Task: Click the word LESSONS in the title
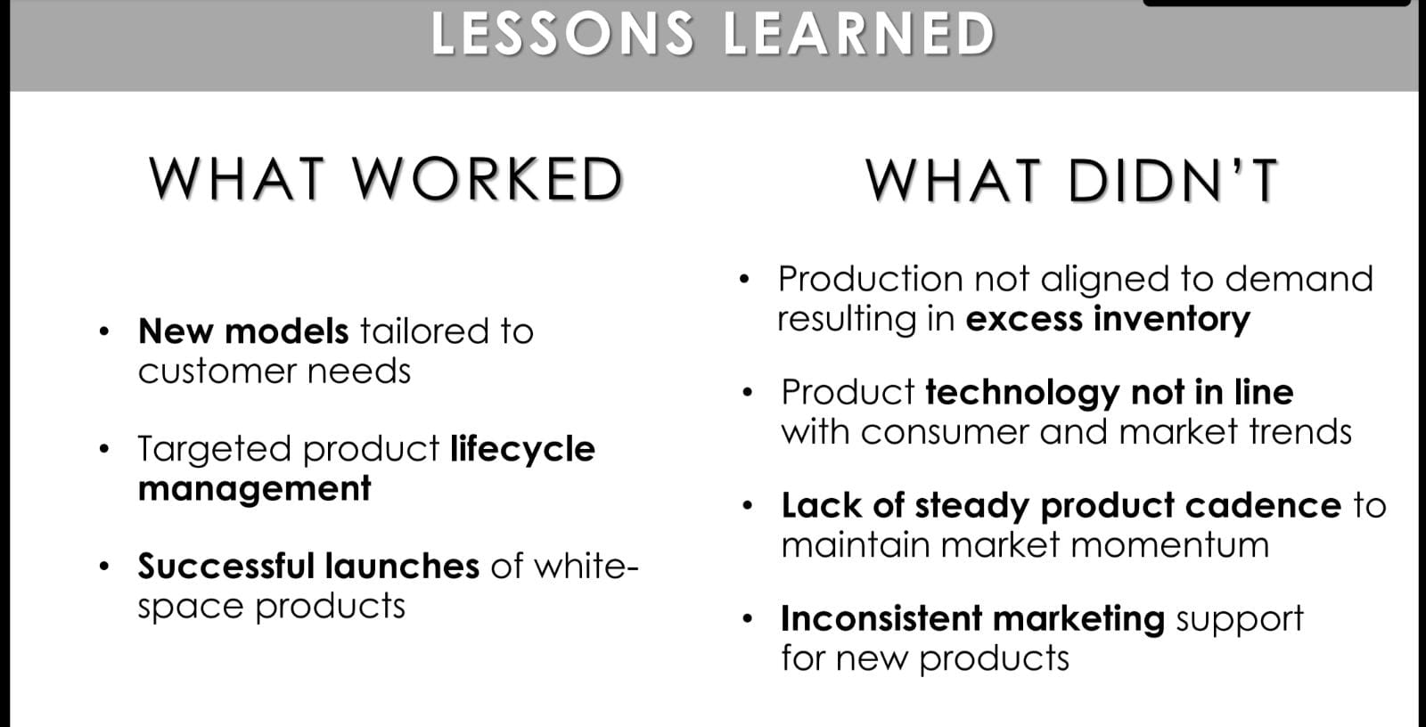click(563, 34)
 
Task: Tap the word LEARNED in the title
click(859, 34)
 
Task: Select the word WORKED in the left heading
click(488, 179)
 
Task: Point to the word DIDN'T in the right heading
click(1174, 180)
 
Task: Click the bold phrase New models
click(243, 331)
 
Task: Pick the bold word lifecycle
click(522, 450)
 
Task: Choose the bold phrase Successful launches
click(308, 566)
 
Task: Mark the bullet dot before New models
click(104, 331)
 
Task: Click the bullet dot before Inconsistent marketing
click(748, 619)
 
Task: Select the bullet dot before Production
click(744, 279)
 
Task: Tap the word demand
click(1299, 279)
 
